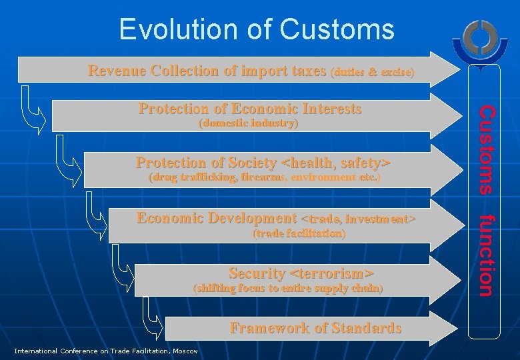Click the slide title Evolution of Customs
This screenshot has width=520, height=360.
click(257, 29)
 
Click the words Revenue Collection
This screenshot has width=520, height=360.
click(153, 70)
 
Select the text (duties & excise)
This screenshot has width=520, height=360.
click(372, 71)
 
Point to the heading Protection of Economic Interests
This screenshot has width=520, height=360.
click(249, 109)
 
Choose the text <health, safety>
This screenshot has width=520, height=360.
click(336, 163)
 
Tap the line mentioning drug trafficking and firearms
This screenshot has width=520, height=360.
click(264, 177)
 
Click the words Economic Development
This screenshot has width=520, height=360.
click(216, 218)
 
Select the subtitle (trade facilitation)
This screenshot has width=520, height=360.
click(298, 233)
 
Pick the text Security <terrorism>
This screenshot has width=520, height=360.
click(301, 273)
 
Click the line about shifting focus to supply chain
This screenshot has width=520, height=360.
click(287, 288)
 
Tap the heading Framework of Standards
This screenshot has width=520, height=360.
click(315, 327)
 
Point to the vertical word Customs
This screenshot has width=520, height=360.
click(487, 149)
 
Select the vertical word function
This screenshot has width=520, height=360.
click(487, 254)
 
